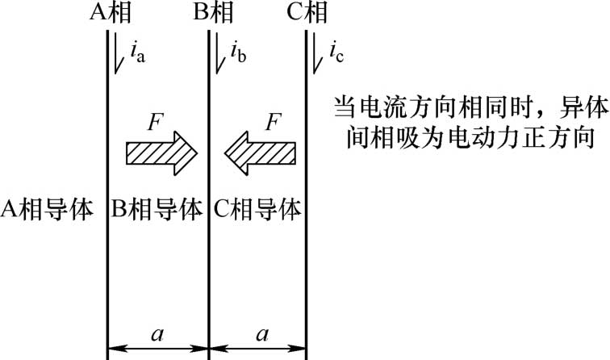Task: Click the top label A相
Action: pyautogui.click(x=108, y=13)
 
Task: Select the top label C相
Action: pyautogui.click(x=307, y=13)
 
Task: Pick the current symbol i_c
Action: pyautogui.click(x=336, y=55)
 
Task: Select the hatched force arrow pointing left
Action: pyautogui.click(x=260, y=151)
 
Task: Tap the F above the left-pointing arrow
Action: pyautogui.click(x=273, y=123)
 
